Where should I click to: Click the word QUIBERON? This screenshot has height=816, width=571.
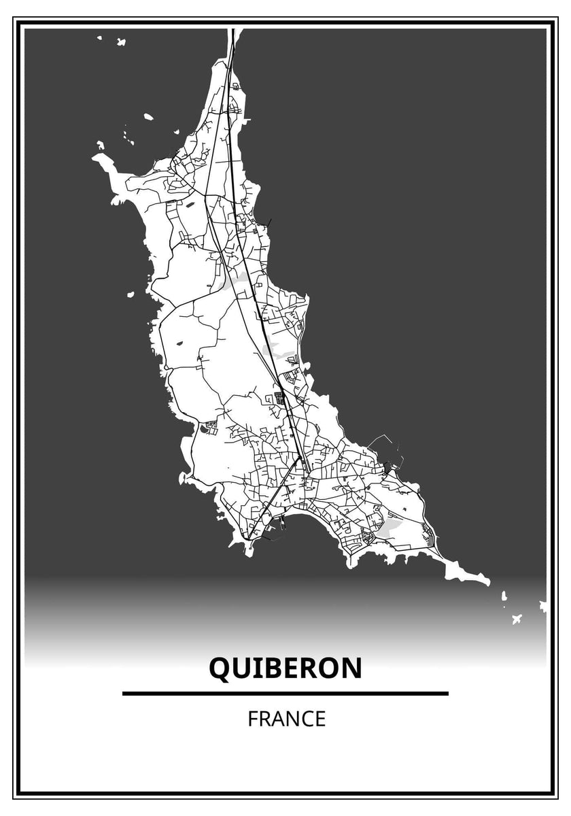285,668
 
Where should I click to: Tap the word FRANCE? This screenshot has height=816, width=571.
286,719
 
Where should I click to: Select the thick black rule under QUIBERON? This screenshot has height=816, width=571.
285,694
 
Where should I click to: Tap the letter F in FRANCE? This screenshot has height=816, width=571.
252,719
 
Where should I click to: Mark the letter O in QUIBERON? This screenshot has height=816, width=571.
328,668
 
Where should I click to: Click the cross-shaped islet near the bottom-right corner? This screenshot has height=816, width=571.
517,619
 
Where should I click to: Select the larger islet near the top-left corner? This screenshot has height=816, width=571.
121,42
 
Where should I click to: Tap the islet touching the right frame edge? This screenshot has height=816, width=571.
543,605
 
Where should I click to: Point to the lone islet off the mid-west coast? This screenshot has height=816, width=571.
130,294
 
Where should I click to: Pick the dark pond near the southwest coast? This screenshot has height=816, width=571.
206,428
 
